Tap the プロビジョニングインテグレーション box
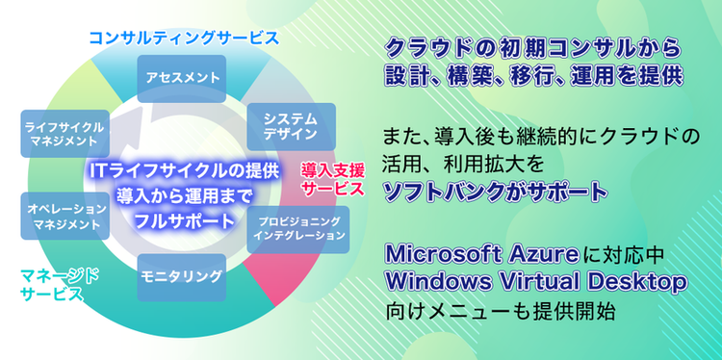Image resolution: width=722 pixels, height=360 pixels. tap(298, 229)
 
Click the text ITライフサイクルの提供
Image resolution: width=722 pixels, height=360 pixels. tap(183, 170)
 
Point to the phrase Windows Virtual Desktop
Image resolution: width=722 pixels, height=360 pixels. tap(536, 283)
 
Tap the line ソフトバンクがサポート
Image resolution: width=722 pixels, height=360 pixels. tap(496, 191)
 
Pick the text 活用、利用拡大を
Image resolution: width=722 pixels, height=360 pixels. tap(454, 162)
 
